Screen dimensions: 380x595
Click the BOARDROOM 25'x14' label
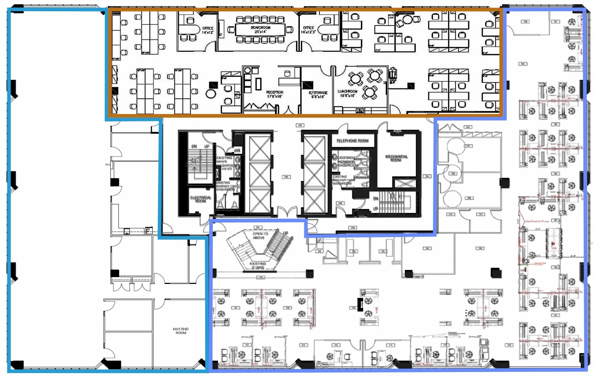[260, 30]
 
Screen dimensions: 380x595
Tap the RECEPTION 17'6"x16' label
[274, 94]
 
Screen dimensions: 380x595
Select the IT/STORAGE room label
[318, 95]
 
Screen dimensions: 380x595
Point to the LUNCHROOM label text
[347, 93]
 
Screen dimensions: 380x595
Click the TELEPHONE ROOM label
[352, 141]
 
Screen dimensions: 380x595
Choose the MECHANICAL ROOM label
[396, 158]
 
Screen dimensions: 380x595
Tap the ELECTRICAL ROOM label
[201, 199]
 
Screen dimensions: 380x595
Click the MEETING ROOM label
[181, 331]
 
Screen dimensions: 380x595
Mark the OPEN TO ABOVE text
[260, 235]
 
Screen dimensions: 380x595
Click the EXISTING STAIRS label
[258, 265]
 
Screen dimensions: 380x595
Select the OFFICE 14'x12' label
[208, 30]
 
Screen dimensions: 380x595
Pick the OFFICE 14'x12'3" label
[308, 30]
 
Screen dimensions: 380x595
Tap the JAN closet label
[237, 150]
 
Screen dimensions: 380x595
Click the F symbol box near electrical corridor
[148, 230]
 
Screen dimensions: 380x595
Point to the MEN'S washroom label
[227, 169]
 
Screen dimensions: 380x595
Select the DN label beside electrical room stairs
[194, 146]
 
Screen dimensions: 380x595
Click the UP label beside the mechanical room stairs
[376, 209]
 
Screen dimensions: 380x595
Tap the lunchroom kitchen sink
[360, 110]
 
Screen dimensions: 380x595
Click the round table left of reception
[211, 94]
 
